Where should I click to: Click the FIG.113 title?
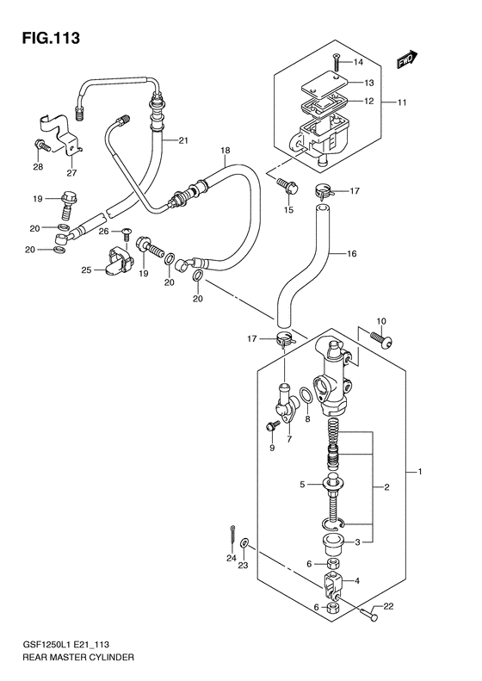pyautogui.click(x=52, y=38)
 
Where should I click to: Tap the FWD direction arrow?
pyautogui.click(x=407, y=60)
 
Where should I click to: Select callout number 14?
pyautogui.click(x=358, y=62)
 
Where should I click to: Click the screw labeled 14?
pyautogui.click(x=337, y=62)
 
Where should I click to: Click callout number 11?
pyautogui.click(x=402, y=102)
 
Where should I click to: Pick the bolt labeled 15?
pyautogui.click(x=287, y=187)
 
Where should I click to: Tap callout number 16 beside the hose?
pyautogui.click(x=352, y=253)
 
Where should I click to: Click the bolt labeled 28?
pyautogui.click(x=41, y=145)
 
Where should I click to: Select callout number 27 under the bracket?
pyautogui.click(x=71, y=173)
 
